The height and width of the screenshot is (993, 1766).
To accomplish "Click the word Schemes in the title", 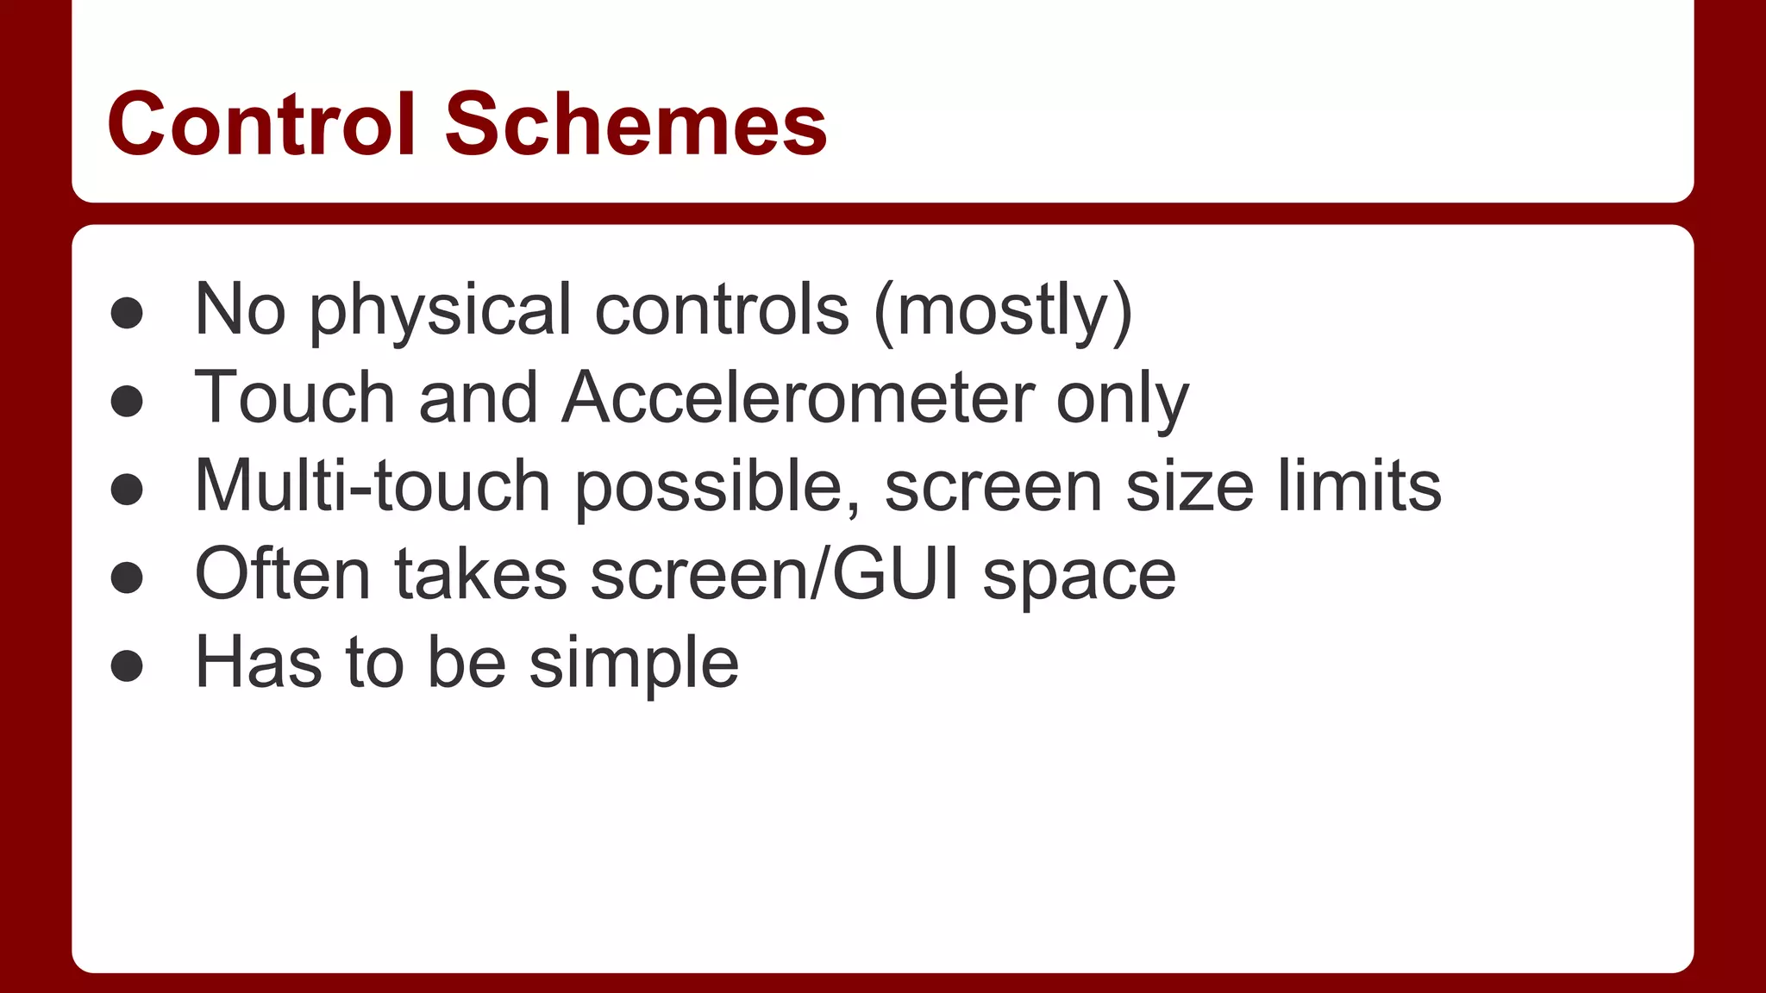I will pos(636,125).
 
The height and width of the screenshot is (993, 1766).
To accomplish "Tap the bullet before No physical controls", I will pos(127,313).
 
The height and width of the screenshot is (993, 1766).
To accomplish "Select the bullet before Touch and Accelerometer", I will pos(127,401).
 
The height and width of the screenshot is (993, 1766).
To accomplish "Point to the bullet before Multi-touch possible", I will pos(127,489).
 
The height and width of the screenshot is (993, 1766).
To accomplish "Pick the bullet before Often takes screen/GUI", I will pos(127,578).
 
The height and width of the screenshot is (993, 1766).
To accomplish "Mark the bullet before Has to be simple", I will pos(127,665).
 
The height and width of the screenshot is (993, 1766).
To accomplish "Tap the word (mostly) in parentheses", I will pos(1003,310).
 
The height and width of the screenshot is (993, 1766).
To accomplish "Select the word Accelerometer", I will pos(798,398).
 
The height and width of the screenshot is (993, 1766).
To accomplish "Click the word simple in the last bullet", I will pos(634,664).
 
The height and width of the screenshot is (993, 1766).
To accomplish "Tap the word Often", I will pos(283,574).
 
